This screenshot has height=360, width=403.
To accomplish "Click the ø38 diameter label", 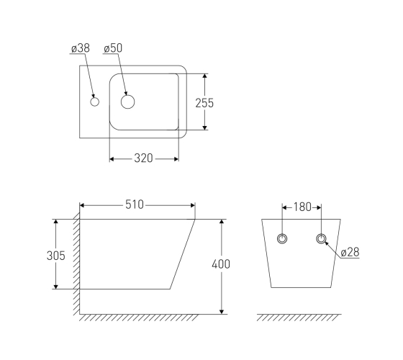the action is click(x=81, y=48).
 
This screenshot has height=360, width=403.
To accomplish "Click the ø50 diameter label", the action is click(x=113, y=48).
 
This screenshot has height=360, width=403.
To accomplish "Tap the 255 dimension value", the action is click(x=204, y=103).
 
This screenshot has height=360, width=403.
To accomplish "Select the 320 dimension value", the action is click(x=143, y=158).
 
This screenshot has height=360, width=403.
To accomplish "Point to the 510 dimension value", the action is click(x=135, y=204).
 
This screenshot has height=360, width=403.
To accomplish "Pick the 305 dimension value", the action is click(x=56, y=256).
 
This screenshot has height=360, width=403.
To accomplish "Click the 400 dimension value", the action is click(x=221, y=264).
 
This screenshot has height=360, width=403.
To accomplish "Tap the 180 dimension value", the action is click(x=302, y=207).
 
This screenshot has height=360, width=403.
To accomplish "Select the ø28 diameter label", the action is click(x=350, y=252).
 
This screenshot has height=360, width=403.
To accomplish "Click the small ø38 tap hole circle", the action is click(x=94, y=102).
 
